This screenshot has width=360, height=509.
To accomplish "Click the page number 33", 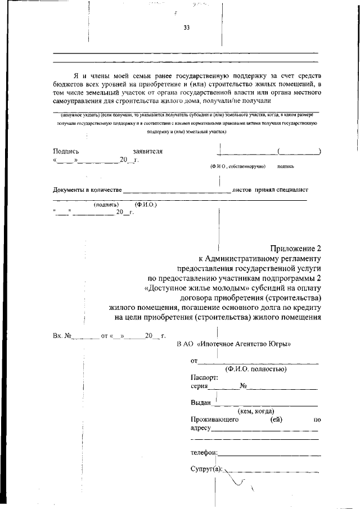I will click(187, 30).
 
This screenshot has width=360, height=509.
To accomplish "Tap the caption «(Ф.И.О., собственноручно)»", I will click(234, 166).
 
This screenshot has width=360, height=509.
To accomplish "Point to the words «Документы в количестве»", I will click(87, 190).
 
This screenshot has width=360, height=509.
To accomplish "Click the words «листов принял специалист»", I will click(271, 190).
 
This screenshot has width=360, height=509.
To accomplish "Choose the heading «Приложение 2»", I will click(295, 249).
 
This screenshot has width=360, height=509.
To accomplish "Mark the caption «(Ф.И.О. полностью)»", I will click(256, 369).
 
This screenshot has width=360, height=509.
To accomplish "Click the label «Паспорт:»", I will click(204, 378).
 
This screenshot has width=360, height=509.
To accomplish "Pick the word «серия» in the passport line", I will click(200, 386).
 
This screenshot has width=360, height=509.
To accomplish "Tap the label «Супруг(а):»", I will click(207, 469).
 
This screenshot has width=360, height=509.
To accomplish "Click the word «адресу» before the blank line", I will click(201, 428).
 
